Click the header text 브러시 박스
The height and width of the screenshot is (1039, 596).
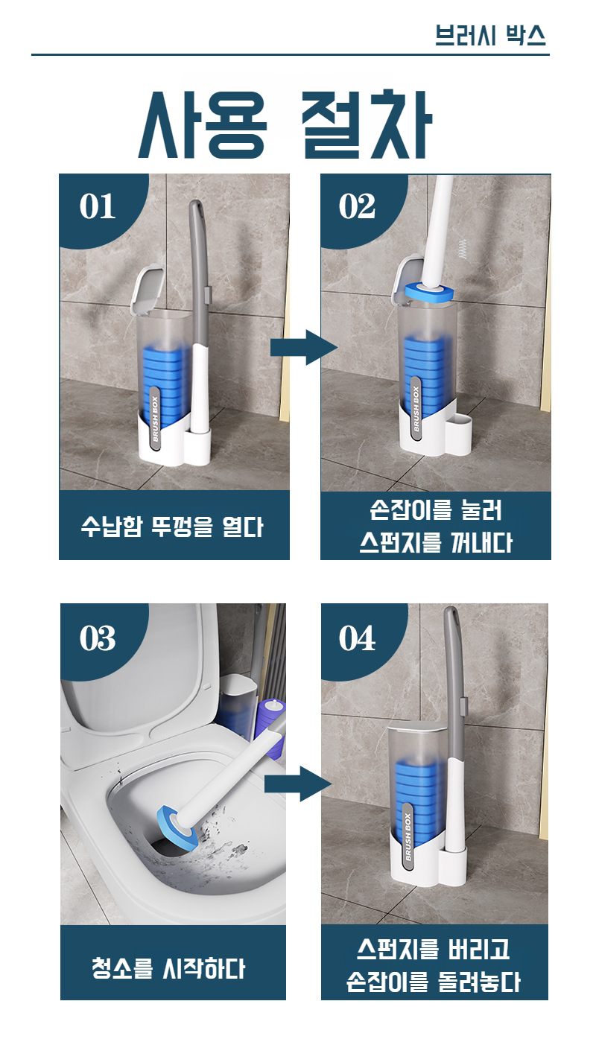click(x=490, y=35)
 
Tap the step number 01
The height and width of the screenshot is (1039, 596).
click(x=97, y=206)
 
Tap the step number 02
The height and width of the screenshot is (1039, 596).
click(x=357, y=206)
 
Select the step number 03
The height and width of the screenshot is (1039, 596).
click(x=98, y=638)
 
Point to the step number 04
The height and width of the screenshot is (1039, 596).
click(x=357, y=638)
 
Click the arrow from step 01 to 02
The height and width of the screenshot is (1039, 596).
click(x=304, y=347)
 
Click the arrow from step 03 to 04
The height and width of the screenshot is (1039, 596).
click(x=298, y=784)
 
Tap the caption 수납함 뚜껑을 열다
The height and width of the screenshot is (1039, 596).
click(x=172, y=527)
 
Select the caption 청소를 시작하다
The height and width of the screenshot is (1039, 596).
click(x=168, y=968)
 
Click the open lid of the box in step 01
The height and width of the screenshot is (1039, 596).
click(x=148, y=288)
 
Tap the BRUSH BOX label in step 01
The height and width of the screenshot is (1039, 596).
click(x=155, y=419)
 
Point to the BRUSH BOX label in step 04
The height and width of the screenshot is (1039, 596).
click(x=408, y=836)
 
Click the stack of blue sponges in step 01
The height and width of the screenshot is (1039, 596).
click(x=166, y=378)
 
